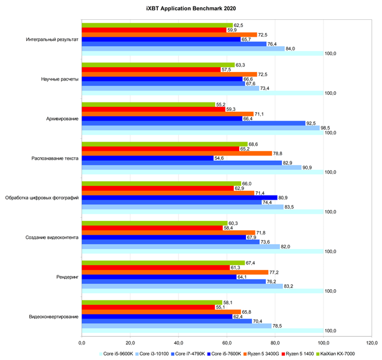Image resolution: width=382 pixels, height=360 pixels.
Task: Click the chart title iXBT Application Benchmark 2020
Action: click(x=191, y=8)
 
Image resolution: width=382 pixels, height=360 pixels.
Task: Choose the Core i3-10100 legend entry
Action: click(x=152, y=353)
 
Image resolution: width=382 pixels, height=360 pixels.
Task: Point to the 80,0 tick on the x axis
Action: click(x=275, y=343)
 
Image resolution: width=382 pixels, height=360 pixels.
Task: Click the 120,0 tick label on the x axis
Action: click(x=371, y=343)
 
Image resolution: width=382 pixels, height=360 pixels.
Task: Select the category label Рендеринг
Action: click(x=65, y=277)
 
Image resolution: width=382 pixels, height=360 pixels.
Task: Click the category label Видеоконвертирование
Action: click(x=53, y=316)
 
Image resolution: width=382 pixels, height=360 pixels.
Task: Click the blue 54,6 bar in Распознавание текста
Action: click(x=148, y=158)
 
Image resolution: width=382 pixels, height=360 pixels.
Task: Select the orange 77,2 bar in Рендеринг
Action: click(x=175, y=272)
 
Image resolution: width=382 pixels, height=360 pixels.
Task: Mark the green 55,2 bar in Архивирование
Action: click(x=148, y=104)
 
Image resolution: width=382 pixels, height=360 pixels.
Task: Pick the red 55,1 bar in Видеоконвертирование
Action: click(x=148, y=307)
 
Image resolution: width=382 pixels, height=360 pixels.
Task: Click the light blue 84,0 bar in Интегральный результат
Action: click(x=183, y=49)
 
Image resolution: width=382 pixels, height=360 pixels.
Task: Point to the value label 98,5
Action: click(x=328, y=128)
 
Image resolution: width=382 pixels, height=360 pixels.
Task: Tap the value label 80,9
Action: click(x=285, y=197)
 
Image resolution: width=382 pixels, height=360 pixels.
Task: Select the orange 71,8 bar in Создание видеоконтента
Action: click(x=169, y=232)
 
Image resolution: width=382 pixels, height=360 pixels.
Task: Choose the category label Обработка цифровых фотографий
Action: click(x=42, y=197)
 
